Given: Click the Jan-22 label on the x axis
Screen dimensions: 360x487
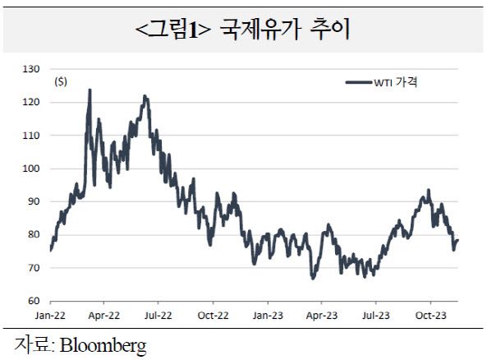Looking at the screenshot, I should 50,315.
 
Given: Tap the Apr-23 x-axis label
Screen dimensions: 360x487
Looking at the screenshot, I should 321,315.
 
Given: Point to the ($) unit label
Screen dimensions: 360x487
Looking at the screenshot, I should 61,81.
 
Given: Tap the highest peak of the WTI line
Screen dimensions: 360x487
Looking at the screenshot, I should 90,90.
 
